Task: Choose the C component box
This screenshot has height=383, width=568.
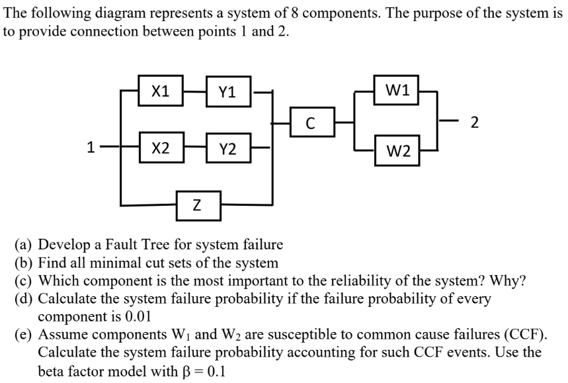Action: coord(310,122)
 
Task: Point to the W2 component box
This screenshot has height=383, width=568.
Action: coord(397,153)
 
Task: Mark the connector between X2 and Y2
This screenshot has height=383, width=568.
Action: coord(194,148)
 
